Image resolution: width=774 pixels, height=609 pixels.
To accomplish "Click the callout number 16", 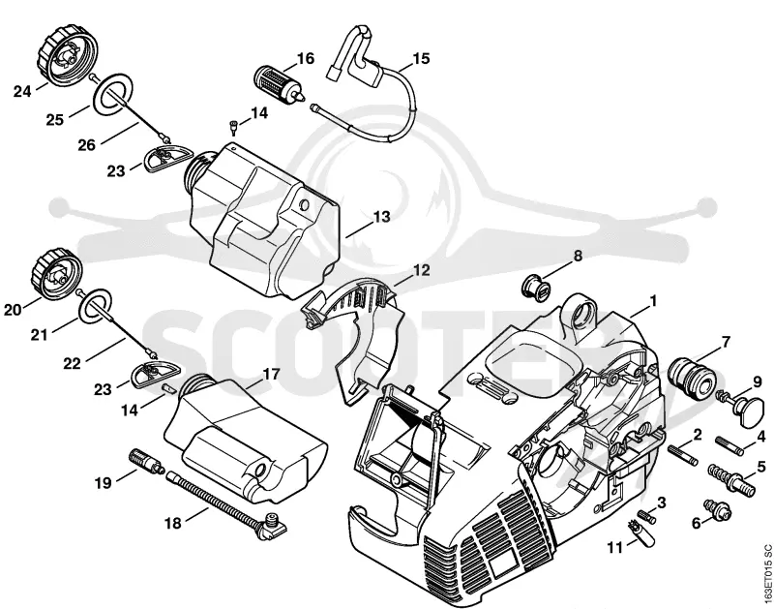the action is tap(306, 59).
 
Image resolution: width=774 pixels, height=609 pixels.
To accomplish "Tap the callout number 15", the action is tap(421, 59).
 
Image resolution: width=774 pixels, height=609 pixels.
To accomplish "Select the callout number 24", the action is tap(22, 91).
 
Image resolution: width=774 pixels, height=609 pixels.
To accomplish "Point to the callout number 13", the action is tap(381, 216).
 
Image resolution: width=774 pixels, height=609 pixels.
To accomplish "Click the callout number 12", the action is tap(421, 270).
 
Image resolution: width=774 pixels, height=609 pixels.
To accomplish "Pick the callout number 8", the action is tap(578, 256).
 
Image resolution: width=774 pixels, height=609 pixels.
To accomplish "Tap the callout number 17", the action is tap(271, 374).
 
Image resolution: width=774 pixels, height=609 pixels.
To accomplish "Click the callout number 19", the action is tap(104, 482).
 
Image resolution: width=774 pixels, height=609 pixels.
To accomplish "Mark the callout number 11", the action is tap(615, 548).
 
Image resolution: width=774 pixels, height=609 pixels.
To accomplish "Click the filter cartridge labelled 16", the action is tap(276, 80).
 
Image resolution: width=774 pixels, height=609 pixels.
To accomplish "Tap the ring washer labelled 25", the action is tap(113, 93).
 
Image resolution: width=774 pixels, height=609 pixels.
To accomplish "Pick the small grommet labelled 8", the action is tap(536, 288).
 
